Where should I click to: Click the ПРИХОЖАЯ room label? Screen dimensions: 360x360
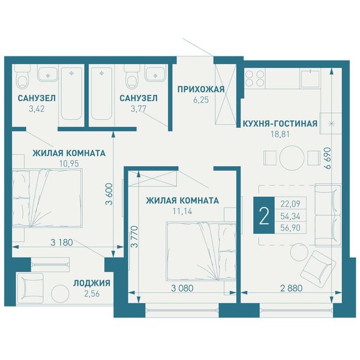(x=200, y=89)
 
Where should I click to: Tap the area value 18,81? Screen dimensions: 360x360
(x=280, y=134)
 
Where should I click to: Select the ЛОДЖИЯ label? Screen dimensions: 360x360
(x=92, y=283)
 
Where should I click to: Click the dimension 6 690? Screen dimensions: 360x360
(x=328, y=158)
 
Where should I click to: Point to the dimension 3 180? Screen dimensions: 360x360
(x=62, y=242)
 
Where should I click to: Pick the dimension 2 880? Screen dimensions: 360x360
(x=292, y=288)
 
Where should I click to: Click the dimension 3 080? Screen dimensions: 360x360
(x=182, y=288)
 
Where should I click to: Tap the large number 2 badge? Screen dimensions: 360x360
(x=264, y=215)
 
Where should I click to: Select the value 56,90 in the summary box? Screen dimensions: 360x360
(x=290, y=228)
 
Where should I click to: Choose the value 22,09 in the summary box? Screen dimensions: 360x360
(x=290, y=203)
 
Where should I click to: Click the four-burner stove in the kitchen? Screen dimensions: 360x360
(x=254, y=78)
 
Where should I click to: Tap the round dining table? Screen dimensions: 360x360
(x=292, y=158)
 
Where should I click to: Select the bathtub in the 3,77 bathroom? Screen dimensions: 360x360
(x=102, y=94)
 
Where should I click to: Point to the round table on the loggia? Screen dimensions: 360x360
(x=60, y=293)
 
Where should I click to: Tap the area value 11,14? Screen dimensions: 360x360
(x=182, y=211)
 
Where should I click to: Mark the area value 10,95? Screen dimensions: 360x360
(x=69, y=164)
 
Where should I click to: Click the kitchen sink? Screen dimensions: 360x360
(x=310, y=79)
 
